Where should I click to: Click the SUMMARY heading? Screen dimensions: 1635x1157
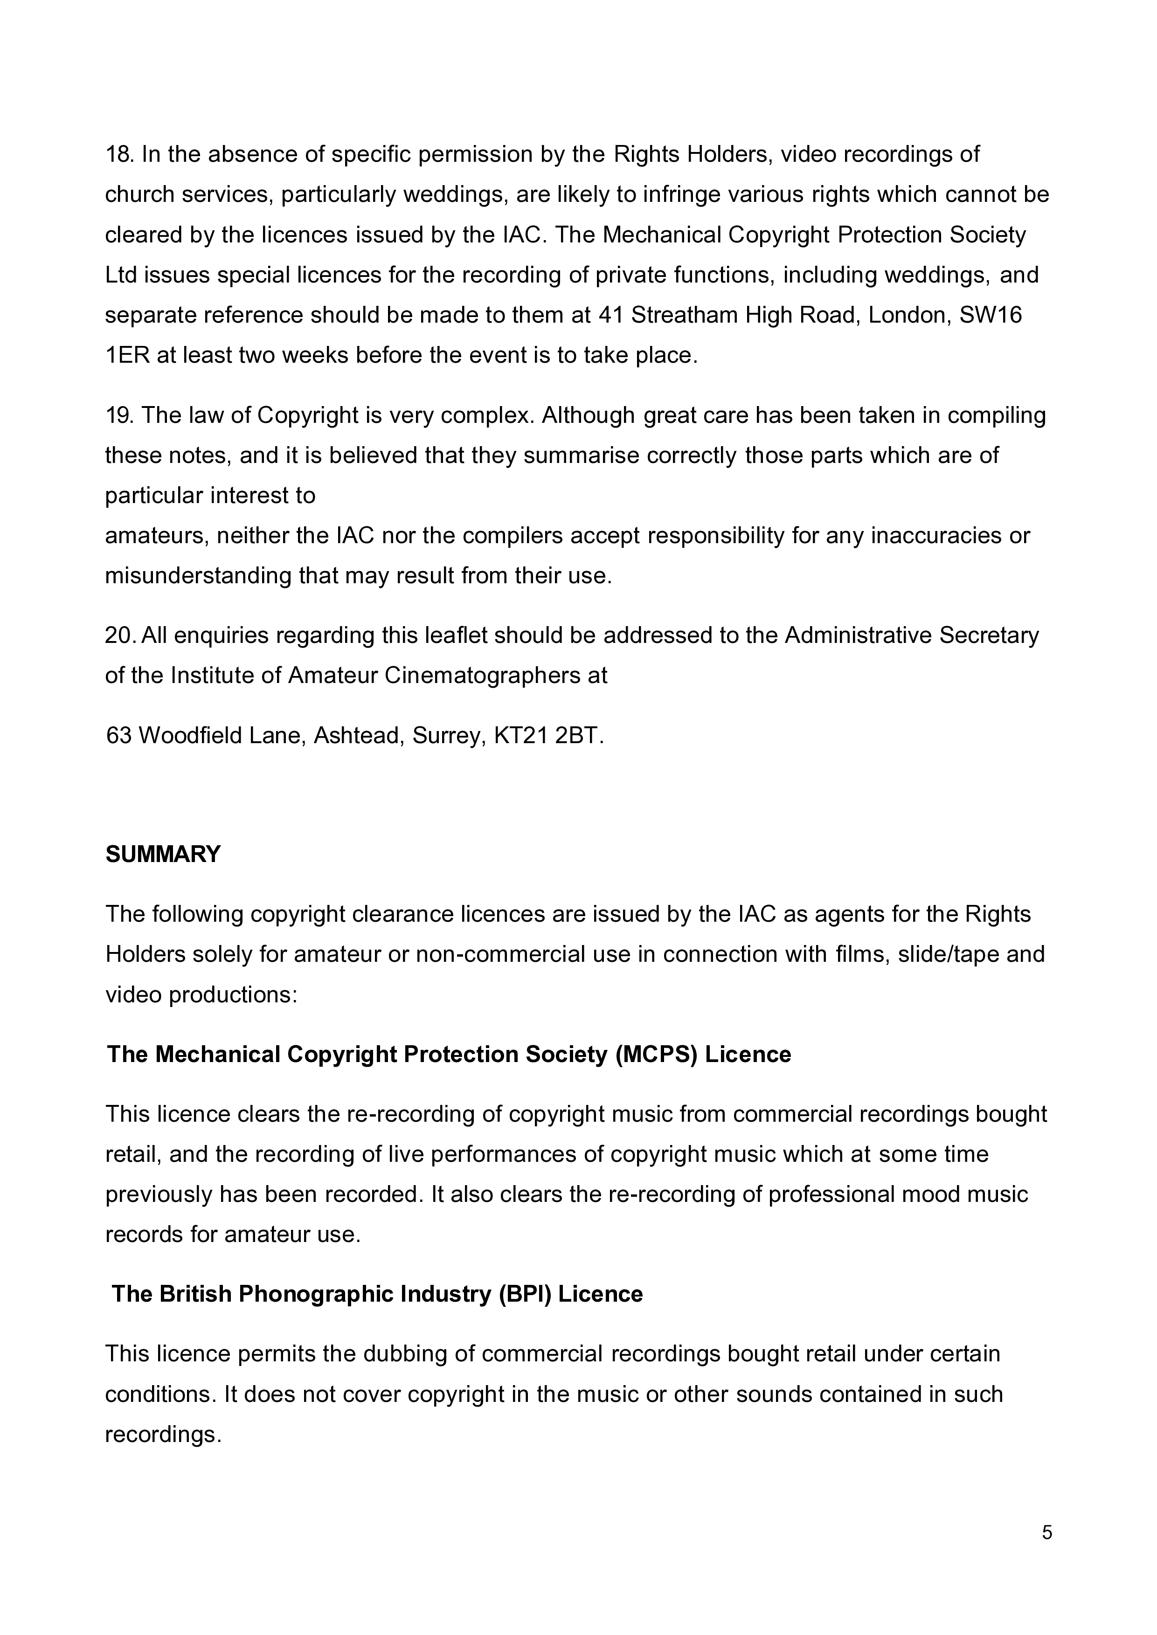[x=163, y=854]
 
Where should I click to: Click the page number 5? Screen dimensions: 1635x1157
[x=1046, y=1532]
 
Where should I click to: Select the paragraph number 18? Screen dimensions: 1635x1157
[x=119, y=154]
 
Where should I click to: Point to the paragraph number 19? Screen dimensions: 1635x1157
[x=119, y=415]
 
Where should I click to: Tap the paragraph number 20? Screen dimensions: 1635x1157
[x=120, y=635]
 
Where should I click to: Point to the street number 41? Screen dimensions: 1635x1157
[x=610, y=315]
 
